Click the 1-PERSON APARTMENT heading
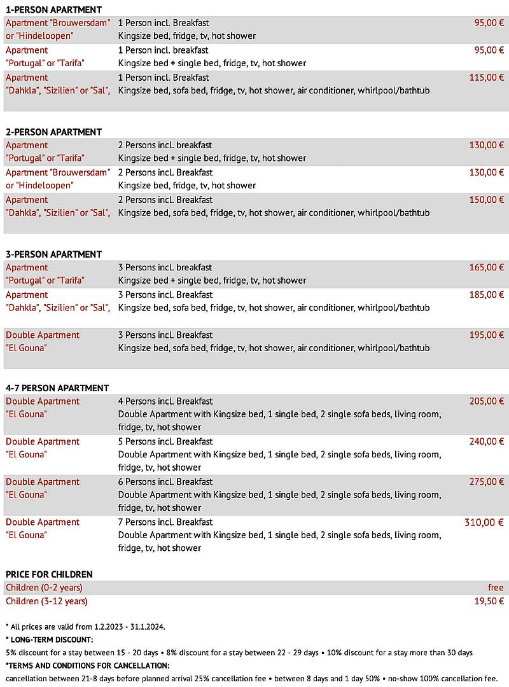[x=53, y=10]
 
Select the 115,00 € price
[x=487, y=78]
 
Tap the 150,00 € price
[x=487, y=200]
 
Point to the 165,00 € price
[x=487, y=267]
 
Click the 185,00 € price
[x=487, y=295]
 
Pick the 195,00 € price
[x=487, y=335]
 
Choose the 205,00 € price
[x=487, y=401]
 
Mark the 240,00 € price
[x=487, y=441]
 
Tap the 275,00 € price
[x=487, y=482]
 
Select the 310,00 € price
[x=484, y=522]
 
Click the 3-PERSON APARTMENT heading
[x=53, y=254]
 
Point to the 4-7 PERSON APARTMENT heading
[x=57, y=388]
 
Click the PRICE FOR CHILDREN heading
[x=49, y=574]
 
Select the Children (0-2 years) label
[x=44, y=587]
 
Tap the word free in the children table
[x=496, y=587]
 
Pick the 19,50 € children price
[x=489, y=601]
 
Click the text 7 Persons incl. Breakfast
[x=165, y=522]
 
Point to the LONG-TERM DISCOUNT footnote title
[x=50, y=639]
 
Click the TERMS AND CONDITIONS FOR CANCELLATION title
[x=87, y=665]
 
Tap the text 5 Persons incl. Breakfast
[x=165, y=441]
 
